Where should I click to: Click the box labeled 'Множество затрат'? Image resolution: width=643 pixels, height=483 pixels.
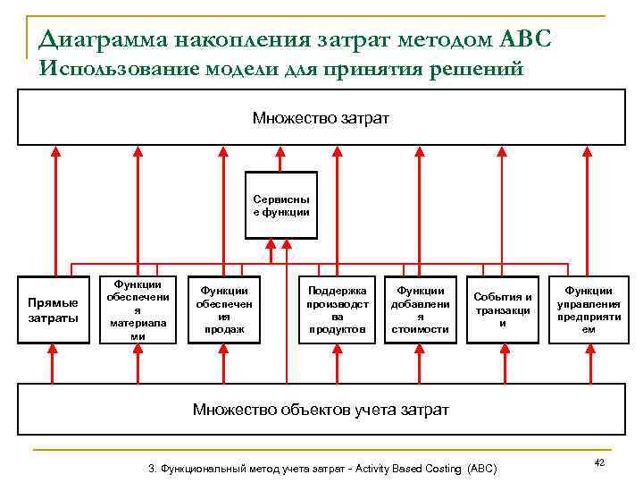click(x=321, y=117)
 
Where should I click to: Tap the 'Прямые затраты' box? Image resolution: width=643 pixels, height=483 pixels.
click(x=54, y=309)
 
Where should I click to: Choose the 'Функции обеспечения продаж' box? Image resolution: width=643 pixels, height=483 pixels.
click(x=223, y=309)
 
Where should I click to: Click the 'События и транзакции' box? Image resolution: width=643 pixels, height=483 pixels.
click(x=503, y=309)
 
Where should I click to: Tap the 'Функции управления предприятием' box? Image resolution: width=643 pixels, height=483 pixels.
click(x=589, y=309)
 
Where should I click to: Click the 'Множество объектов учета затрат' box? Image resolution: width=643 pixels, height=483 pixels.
click(x=321, y=409)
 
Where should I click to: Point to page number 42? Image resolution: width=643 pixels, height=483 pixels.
click(x=599, y=462)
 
